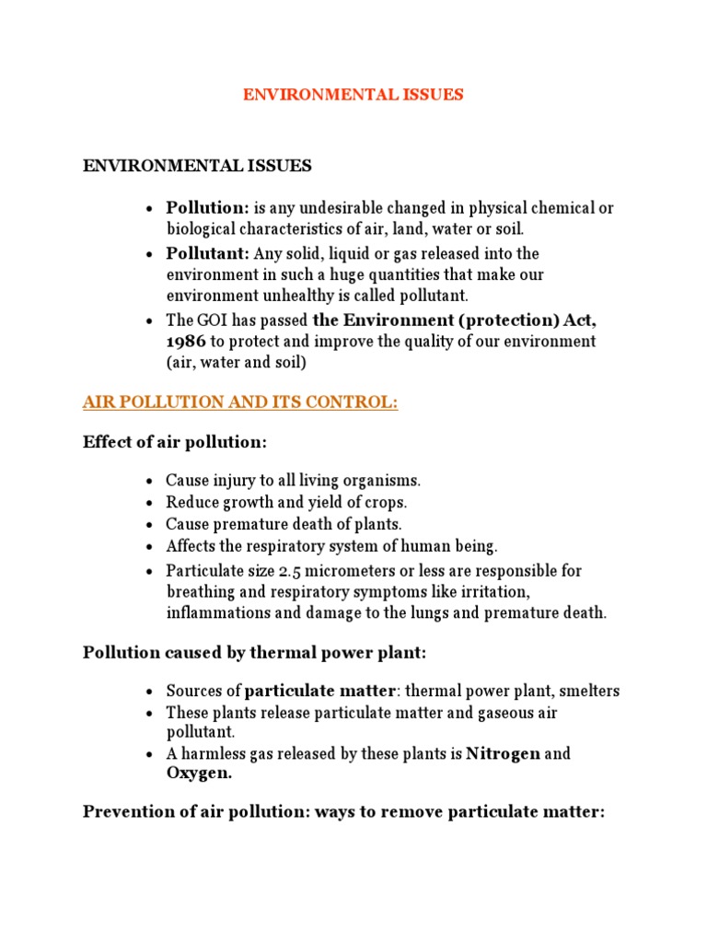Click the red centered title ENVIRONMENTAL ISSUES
[x=353, y=95]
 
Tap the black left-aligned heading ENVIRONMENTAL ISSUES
[x=197, y=166]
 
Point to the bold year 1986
[x=186, y=341]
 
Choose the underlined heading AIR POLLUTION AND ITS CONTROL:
[x=240, y=403]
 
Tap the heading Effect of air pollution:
[x=175, y=442]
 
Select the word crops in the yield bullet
[x=386, y=502]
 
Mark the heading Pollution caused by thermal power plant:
[x=253, y=653]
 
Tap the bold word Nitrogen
[x=503, y=754]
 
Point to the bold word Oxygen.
[x=199, y=774]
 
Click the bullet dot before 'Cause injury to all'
[x=149, y=482]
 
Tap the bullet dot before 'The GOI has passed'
[x=149, y=321]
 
